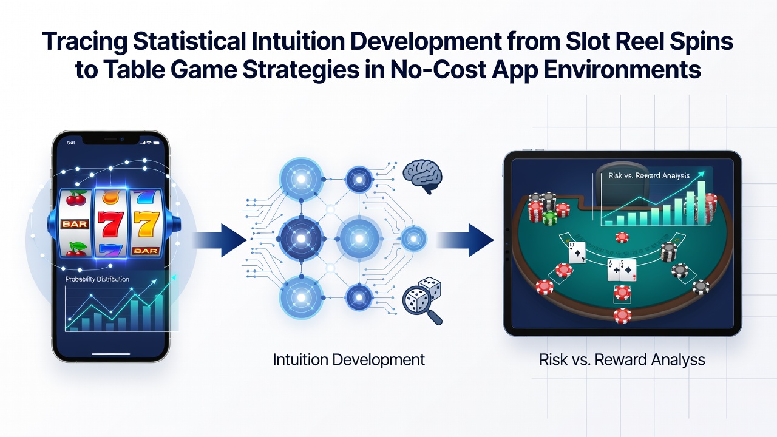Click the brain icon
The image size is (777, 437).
pyautogui.click(x=422, y=176)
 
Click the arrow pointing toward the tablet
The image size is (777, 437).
pyautogui.click(x=465, y=240)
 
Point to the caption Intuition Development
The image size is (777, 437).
pyautogui.click(x=348, y=360)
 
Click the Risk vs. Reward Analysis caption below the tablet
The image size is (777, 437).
pyautogui.click(x=622, y=360)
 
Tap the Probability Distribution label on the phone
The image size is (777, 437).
pyautogui.click(x=97, y=279)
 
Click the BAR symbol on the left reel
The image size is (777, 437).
pyautogui.click(x=75, y=224)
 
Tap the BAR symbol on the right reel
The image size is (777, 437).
pyautogui.click(x=146, y=251)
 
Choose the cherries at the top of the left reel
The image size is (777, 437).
pyautogui.click(x=76, y=198)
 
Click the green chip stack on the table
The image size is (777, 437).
pyautogui.click(x=549, y=218)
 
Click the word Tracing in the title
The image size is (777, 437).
pyautogui.click(x=84, y=42)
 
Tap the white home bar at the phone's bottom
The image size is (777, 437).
pyautogui.click(x=111, y=354)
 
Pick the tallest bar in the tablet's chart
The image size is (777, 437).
pyautogui.click(x=701, y=203)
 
